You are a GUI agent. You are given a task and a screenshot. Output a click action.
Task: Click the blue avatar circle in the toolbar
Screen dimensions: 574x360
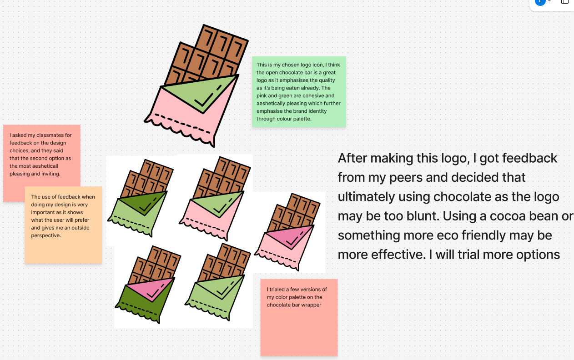[540, 1]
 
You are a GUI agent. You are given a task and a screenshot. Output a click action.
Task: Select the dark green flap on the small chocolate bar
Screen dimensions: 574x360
[145, 203]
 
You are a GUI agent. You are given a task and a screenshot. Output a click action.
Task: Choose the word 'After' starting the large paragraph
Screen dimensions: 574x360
[352, 158]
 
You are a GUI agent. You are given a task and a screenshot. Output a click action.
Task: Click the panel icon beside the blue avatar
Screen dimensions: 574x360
[565, 2]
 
